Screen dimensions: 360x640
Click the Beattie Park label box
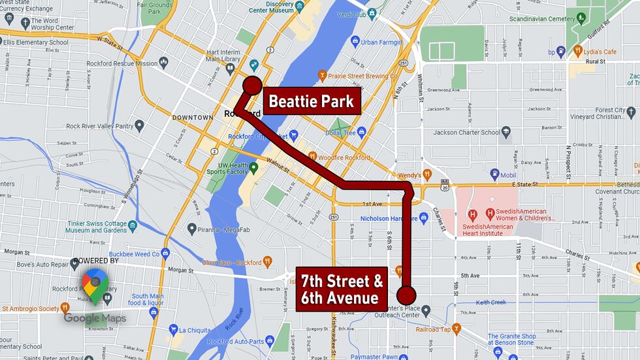[x=312, y=102]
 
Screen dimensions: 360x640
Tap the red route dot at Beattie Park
[x=252, y=86]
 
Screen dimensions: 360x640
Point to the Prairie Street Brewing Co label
[x=364, y=76]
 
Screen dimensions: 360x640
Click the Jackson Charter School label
[x=468, y=133]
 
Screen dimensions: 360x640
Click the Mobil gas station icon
[x=495, y=174]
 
